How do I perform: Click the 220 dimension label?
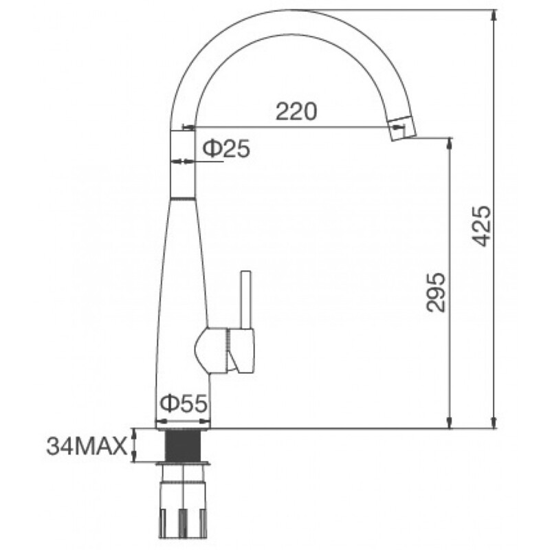pos(296,111)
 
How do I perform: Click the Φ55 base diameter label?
pos(183,404)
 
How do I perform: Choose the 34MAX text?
pos(87,447)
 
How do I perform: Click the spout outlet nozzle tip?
pos(401,129)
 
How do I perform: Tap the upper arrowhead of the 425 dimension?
pos(494,15)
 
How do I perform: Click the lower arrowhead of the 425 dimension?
pos(494,422)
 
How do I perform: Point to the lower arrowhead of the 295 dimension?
pos(450,422)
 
